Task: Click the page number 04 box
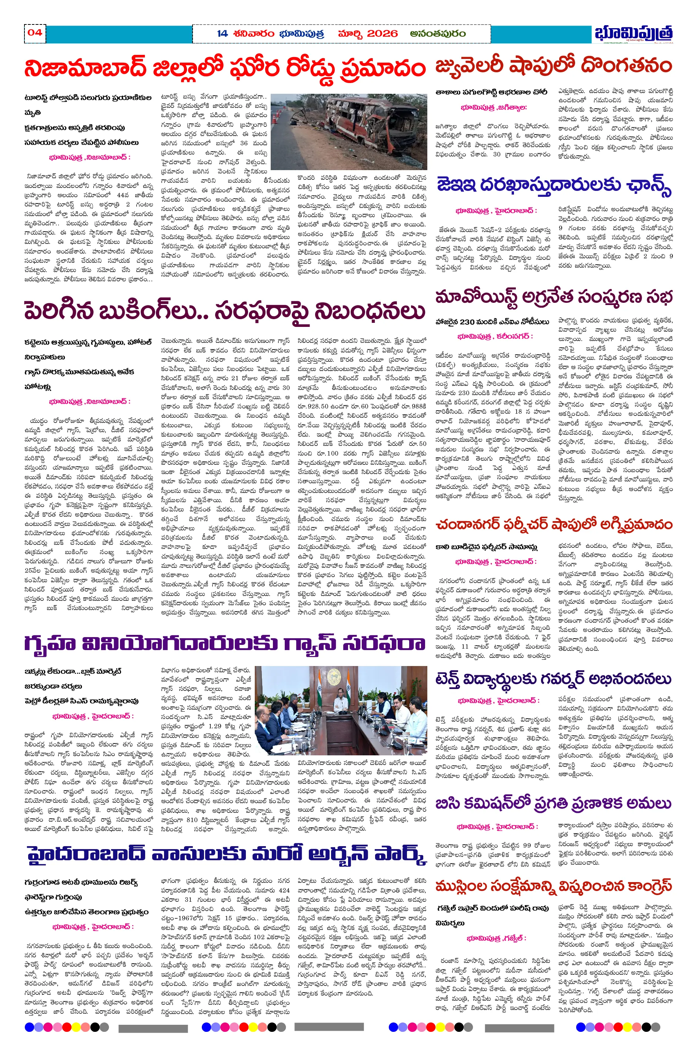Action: tap(35, 33)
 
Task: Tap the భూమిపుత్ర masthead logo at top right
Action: tap(633, 33)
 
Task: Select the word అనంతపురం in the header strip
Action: tap(438, 33)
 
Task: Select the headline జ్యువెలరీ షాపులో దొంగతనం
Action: tap(553, 66)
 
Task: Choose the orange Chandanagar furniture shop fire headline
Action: tap(553, 524)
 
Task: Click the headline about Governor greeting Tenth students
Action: tap(553, 679)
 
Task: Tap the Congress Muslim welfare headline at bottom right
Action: tap(553, 886)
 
